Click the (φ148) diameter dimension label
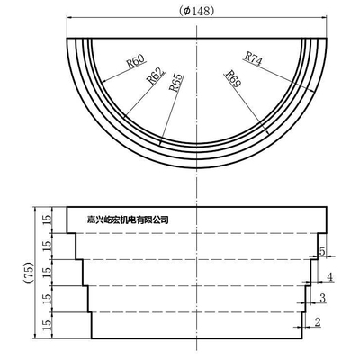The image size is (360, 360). pyautogui.click(x=196, y=11)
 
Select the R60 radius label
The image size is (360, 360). pyautogui.click(x=136, y=61)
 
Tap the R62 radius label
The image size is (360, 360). pyautogui.click(x=156, y=76)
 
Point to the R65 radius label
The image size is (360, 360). pyautogui.click(x=175, y=82)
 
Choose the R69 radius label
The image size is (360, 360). pyautogui.click(x=233, y=78)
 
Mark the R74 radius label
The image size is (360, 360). pyautogui.click(x=253, y=58)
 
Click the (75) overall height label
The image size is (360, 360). pyautogui.click(x=28, y=273)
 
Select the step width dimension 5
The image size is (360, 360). pyautogui.click(x=322, y=251)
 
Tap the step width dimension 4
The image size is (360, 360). pyautogui.click(x=329, y=276)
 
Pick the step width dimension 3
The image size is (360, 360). pyautogui.click(x=322, y=298)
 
